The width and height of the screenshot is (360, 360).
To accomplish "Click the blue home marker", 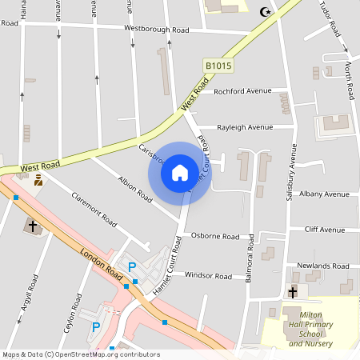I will (180, 172).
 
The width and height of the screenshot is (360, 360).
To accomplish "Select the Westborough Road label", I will (156, 30).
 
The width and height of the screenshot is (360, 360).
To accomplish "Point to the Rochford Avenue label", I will (242, 91).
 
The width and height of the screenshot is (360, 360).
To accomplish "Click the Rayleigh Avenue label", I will (246, 127).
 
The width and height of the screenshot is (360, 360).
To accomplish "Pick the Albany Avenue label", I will (322, 194).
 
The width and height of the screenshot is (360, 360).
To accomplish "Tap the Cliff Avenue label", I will (325, 230).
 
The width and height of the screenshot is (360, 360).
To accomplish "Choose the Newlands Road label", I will (322, 266).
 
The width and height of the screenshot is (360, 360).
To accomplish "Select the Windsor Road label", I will (208, 276).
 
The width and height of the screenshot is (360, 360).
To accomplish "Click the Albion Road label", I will (134, 188).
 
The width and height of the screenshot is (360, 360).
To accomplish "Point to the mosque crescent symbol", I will (266, 12).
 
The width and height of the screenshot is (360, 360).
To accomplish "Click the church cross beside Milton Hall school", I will (293, 292).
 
